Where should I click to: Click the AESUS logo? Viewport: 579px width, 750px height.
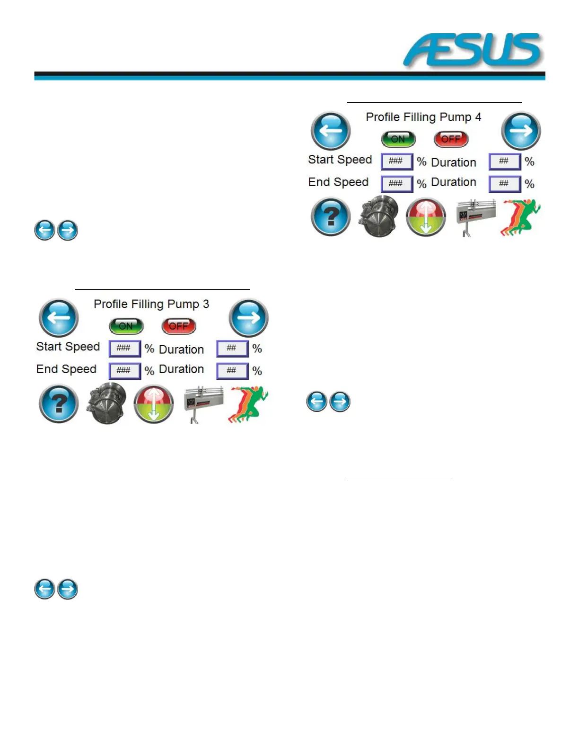point(473,50)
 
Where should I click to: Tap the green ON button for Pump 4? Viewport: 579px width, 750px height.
point(398,139)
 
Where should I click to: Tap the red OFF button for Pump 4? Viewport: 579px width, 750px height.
point(451,139)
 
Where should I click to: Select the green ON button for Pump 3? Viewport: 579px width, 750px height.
point(126,326)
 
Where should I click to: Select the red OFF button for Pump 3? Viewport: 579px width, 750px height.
point(178,326)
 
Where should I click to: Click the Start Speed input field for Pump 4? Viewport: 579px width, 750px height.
point(396,161)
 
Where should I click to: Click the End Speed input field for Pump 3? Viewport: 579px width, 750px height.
point(124,371)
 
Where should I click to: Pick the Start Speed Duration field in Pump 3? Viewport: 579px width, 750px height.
point(232,348)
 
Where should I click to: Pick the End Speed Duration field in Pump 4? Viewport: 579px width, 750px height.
point(504,184)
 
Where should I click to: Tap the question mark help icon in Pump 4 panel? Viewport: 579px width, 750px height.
point(331,217)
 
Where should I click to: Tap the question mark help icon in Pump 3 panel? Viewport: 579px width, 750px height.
point(59,403)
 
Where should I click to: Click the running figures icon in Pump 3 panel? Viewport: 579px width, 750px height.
point(249,404)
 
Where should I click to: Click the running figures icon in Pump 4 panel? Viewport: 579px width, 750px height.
point(521,217)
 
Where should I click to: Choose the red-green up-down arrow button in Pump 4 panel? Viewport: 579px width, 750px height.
point(426,217)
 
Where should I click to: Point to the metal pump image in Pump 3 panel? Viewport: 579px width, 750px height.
point(106,403)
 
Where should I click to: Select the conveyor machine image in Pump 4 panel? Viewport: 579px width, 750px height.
point(475,217)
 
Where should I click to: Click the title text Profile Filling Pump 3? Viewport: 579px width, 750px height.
point(151,304)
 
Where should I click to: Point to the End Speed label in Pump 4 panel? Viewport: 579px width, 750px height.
point(338,182)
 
